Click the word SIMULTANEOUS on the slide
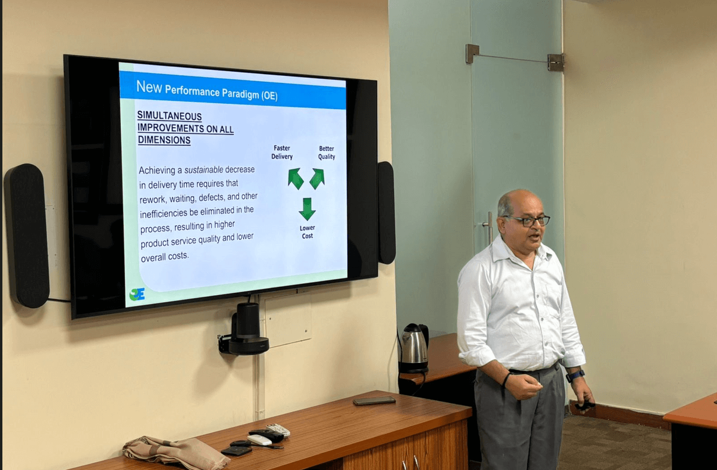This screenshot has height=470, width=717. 169,116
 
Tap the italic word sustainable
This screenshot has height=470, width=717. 204,170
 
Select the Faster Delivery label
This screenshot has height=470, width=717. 282,152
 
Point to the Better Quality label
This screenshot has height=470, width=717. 327,153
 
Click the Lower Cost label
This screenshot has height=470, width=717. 308,232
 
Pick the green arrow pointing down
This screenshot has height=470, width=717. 308,209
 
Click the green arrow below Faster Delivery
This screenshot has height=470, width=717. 296,178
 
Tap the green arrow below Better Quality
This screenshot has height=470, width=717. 317,178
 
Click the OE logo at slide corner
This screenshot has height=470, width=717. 137,294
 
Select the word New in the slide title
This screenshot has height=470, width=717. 149,87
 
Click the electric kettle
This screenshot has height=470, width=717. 414,348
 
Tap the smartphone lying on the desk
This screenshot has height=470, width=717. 374,401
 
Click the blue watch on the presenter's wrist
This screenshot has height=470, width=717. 575,376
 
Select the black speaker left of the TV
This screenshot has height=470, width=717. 27,236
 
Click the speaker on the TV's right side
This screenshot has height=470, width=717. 386,213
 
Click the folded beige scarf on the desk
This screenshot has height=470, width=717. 176,452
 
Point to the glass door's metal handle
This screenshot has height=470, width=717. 489,228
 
